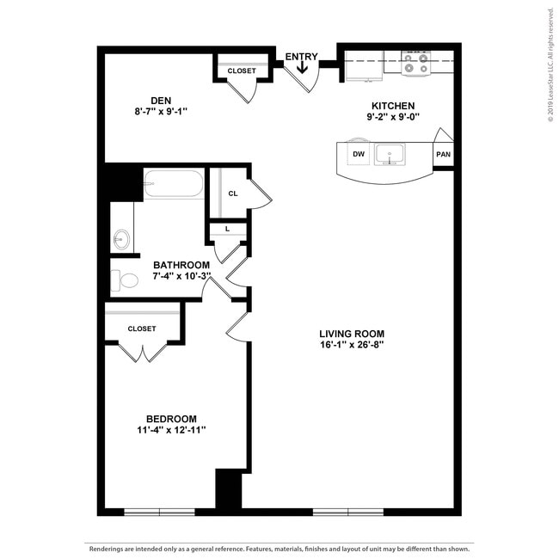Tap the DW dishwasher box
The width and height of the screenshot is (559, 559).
(x=358, y=155)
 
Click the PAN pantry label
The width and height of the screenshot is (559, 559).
(x=443, y=155)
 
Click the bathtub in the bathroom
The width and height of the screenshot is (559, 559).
(x=173, y=184)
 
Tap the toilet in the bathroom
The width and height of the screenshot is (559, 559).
(x=126, y=280)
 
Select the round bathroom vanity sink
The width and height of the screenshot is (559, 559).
(x=121, y=237)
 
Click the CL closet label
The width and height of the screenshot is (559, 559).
(x=232, y=193)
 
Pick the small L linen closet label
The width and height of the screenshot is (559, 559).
(x=227, y=229)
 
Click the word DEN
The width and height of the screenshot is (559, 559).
(x=161, y=98)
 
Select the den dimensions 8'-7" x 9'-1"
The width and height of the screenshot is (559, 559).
(x=161, y=111)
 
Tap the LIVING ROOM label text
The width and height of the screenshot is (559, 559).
(x=351, y=334)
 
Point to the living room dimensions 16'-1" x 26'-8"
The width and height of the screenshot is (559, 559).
(x=351, y=346)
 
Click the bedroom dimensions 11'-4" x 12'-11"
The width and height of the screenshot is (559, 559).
(x=171, y=430)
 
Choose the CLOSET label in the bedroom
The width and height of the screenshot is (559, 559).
(x=142, y=329)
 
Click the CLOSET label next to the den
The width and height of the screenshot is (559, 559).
(x=242, y=71)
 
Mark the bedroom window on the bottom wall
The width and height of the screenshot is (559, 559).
(x=159, y=513)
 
